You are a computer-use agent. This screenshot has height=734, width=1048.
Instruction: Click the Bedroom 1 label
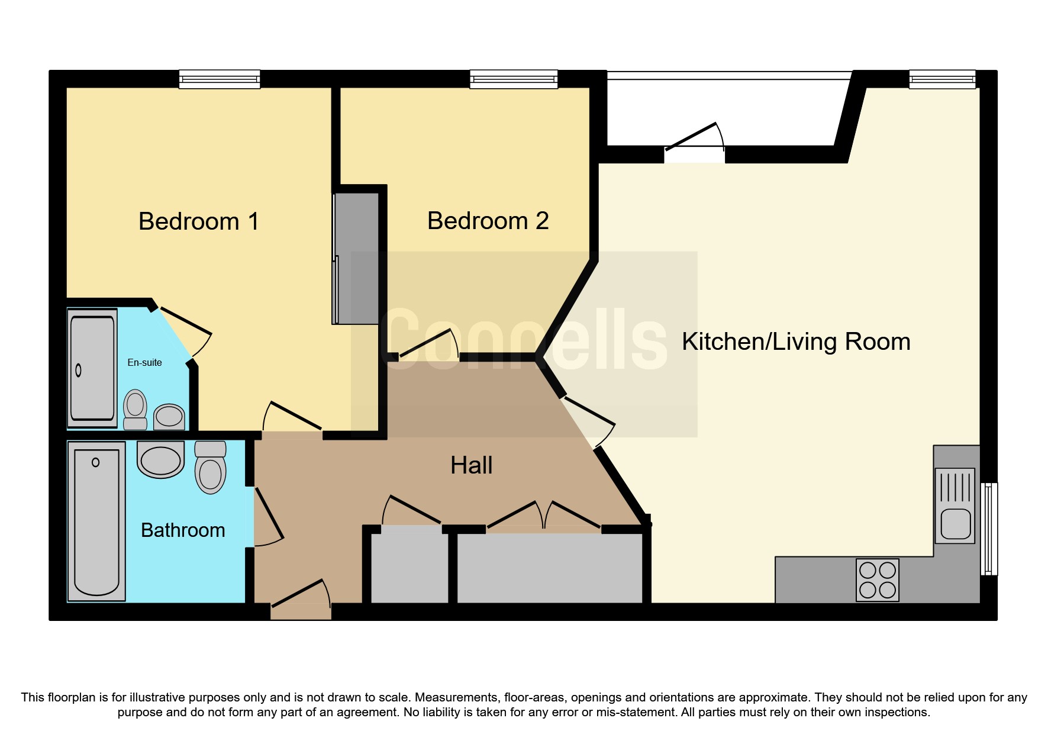coord(198,221)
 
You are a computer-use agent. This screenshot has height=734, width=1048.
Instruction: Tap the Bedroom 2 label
coord(488,221)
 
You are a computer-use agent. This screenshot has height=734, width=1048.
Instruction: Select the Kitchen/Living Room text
coord(795,342)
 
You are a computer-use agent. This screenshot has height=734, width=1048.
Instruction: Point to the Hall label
coord(471,465)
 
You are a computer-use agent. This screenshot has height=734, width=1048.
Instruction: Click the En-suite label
coord(144,362)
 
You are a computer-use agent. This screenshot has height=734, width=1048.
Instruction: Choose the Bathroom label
coord(183,530)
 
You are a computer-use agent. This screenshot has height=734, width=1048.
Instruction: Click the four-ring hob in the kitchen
coord(877,580)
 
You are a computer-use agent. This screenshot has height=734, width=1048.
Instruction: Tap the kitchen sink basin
coord(955,523)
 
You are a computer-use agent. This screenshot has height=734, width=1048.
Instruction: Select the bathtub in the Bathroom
coord(96,521)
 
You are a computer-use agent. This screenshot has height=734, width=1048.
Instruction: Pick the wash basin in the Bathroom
coord(160,460)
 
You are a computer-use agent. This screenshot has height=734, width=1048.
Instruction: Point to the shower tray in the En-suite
coord(92,368)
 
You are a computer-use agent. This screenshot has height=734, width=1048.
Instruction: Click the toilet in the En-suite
coord(136,408)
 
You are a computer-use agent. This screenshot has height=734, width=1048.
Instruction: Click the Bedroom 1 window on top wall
coord(220,79)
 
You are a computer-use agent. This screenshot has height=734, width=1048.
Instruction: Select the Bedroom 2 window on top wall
coord(514,79)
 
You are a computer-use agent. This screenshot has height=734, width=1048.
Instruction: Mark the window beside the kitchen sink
coord(989,529)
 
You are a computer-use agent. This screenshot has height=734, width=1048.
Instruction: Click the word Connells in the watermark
coord(524,340)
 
